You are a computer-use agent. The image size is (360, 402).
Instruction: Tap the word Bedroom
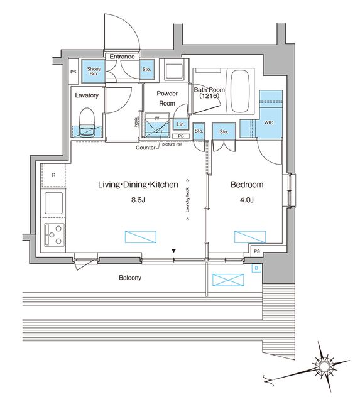click(247, 185)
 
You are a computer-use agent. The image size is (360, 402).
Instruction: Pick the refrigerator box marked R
click(54, 175)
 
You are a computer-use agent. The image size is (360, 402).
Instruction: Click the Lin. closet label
click(179, 125)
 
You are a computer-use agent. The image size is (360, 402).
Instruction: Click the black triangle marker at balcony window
click(175, 253)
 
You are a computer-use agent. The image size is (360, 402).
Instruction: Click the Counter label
click(146, 148)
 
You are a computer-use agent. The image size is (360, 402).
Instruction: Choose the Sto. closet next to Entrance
click(146, 69)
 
